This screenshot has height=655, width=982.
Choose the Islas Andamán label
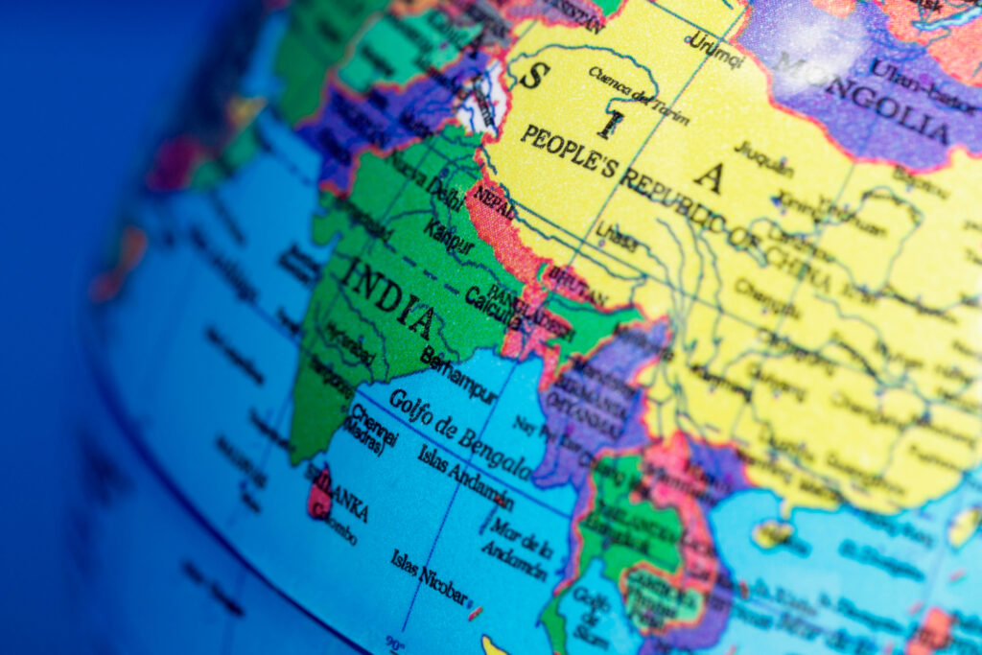click(465, 477)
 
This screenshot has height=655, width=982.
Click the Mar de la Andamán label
click(517, 543)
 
